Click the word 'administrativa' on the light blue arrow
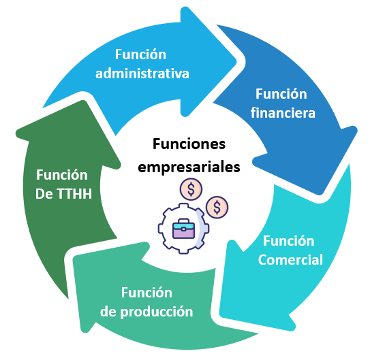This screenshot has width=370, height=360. point(142,73)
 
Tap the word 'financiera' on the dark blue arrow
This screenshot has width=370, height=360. point(283,112)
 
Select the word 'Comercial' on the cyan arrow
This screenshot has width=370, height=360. point(290,260)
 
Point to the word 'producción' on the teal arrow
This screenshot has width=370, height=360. point(157,312)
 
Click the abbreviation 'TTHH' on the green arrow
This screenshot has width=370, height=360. point(74,194)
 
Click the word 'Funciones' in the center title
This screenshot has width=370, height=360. point(189,144)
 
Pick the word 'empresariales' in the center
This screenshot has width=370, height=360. point(189,167)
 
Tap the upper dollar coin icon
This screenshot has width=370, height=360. point(191,189)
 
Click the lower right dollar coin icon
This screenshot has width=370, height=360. point(217,208)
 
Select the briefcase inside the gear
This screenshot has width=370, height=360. point(183,229)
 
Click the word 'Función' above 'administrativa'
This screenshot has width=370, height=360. point(140,54)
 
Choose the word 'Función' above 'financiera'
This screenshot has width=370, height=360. point(281,94)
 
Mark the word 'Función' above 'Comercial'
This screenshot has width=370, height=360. point(289,241)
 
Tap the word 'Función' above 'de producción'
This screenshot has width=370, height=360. point(147,293)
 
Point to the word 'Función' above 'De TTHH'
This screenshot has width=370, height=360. point(62,175)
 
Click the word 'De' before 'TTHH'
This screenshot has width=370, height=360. point(44,194)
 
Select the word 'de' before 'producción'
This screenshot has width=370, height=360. point(108,312)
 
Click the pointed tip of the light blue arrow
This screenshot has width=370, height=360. point(236,62)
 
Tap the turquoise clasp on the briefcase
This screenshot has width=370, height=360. point(183,229)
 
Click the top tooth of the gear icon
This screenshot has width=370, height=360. point(183,206)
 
